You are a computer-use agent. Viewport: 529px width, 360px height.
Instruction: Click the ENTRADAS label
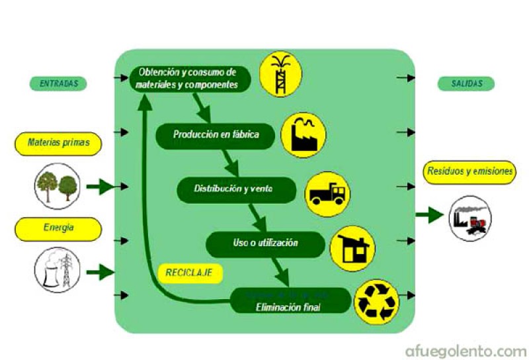(x=58, y=84)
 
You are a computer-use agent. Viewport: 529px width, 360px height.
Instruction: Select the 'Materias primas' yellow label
(x=59, y=142)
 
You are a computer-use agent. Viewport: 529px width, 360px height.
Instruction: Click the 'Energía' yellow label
(x=59, y=228)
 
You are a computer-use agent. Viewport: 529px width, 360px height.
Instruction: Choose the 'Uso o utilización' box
(x=264, y=244)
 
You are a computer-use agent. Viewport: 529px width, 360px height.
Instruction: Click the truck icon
(x=327, y=193)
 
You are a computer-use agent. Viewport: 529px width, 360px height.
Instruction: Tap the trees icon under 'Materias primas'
(x=58, y=187)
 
